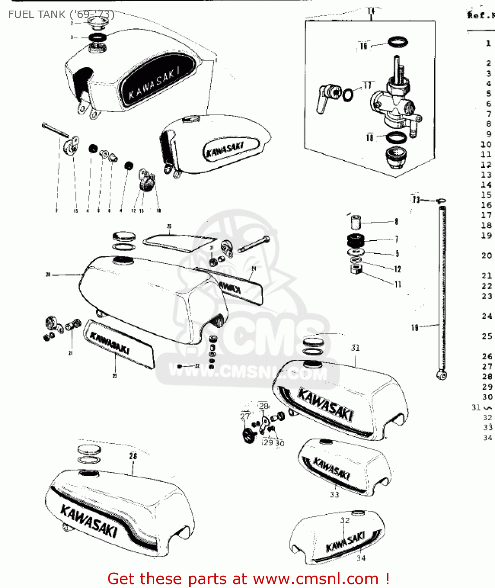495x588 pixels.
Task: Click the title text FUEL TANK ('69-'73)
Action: (61, 15)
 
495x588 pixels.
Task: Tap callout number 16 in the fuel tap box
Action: (364, 46)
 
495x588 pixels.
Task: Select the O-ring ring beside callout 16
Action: (398, 41)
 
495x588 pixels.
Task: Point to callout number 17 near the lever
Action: (367, 85)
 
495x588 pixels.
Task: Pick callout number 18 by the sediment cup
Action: (370, 138)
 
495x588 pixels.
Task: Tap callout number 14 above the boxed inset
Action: (371, 11)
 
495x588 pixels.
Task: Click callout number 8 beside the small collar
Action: (396, 222)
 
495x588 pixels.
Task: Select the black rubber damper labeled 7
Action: (356, 240)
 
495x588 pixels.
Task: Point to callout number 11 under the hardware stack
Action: (398, 284)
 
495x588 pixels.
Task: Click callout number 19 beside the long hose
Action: (415, 327)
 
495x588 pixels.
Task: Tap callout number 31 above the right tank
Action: (355, 348)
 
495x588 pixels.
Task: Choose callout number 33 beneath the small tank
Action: (334, 495)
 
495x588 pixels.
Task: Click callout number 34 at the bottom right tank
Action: (361, 558)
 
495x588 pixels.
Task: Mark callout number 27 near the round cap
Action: (245, 416)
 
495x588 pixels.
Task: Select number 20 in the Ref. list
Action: (487, 256)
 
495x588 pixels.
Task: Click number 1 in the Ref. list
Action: (488, 43)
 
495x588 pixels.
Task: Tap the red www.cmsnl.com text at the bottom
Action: (316, 579)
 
